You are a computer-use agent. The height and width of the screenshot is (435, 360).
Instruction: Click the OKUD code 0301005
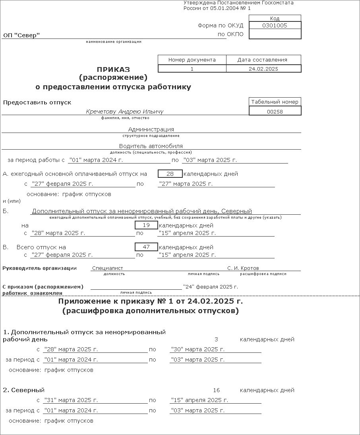275,25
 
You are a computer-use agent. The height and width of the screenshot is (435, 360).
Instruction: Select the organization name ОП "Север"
21,36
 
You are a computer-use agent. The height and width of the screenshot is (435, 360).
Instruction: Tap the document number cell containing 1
192,69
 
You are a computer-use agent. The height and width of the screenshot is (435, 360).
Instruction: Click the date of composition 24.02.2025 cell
263,69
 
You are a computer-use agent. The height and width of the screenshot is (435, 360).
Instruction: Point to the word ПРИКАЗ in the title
113,69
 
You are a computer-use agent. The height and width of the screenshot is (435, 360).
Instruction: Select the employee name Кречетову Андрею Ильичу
125,112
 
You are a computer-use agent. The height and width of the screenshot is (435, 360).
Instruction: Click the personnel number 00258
275,112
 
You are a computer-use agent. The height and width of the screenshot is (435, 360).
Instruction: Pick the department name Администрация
151,129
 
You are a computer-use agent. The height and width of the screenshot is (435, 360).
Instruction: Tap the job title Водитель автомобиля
151,146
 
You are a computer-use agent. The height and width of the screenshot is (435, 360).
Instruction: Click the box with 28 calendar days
170,174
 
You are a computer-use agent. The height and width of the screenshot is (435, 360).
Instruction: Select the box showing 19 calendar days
146,225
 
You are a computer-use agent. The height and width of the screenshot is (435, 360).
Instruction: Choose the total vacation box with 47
146,247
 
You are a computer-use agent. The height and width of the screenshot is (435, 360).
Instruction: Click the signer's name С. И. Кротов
243,268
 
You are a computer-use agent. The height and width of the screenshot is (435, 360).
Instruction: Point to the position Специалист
108,268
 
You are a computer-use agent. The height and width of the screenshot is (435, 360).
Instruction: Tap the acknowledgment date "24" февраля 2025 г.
211,287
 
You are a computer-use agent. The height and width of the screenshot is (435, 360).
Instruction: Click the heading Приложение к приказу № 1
151,302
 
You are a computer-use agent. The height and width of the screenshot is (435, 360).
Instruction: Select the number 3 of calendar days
216,339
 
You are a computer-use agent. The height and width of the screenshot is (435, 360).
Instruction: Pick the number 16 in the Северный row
216,390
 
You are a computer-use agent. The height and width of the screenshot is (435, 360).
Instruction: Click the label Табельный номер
275,102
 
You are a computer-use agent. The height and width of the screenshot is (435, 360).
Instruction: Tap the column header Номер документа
192,60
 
